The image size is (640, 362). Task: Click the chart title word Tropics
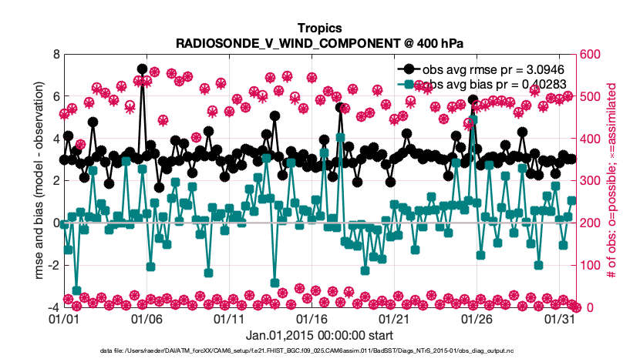click(x=319, y=28)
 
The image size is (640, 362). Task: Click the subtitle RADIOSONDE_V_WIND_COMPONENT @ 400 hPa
click(x=319, y=43)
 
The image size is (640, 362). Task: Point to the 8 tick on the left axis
click(x=54, y=55)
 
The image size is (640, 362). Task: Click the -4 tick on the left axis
click(x=52, y=307)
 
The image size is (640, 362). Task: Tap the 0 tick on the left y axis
click(x=54, y=223)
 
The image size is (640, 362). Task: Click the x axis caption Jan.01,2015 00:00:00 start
click(x=319, y=336)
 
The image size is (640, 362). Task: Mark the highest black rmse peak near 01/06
click(x=143, y=69)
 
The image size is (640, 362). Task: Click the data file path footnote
click(x=319, y=350)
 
